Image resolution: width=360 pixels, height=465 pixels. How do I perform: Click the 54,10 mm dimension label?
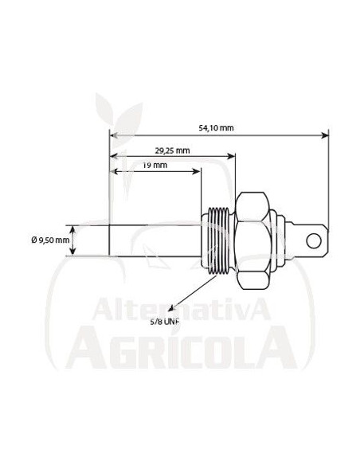click(216, 127)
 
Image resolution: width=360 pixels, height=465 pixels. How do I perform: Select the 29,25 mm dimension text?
click(171, 150)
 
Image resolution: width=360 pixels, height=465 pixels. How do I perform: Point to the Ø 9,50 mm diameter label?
click(50, 240)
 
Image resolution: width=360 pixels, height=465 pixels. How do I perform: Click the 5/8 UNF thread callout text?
click(165, 323)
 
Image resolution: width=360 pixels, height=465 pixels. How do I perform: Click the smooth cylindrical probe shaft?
click(155, 240)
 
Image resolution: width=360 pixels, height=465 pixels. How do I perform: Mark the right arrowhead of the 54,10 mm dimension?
click(324, 135)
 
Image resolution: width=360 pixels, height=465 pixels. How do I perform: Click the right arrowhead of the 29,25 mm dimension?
click(233, 157)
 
